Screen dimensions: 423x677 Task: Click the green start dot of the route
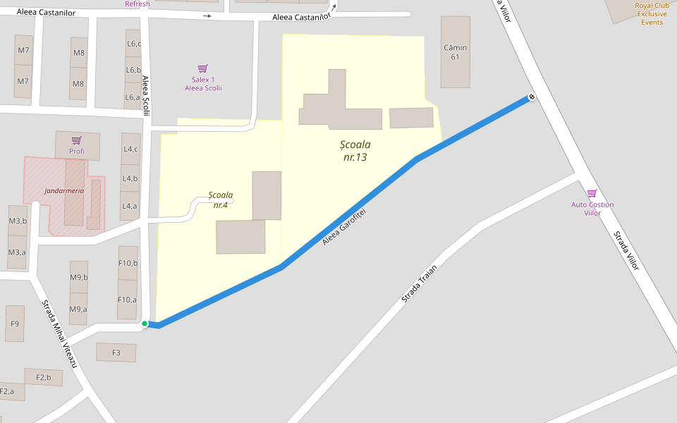(145, 324)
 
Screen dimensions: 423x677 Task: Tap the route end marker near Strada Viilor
(532, 97)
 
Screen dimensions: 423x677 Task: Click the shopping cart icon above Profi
(77, 140)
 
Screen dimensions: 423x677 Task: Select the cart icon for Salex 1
(203, 68)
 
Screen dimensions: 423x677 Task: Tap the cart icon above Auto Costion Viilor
(592, 193)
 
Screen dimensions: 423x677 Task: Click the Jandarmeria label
(64, 190)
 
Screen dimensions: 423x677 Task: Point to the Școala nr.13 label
(355, 151)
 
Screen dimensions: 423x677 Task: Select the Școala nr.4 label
(221, 200)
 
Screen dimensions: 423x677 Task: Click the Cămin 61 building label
(456, 52)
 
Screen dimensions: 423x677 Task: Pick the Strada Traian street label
(420, 283)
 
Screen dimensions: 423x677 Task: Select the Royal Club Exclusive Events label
(652, 13)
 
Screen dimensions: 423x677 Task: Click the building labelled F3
(116, 352)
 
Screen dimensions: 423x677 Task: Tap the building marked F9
(15, 324)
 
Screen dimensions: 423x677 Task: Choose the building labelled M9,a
(78, 309)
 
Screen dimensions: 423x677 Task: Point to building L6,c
(133, 44)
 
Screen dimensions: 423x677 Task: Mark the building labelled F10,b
(128, 264)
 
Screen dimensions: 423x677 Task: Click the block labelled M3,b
(18, 221)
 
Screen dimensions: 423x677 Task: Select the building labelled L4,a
(130, 206)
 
